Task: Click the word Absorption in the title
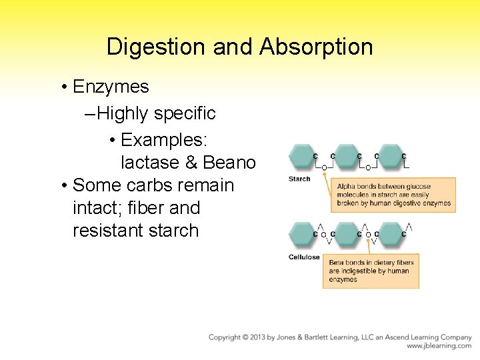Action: click(317, 47)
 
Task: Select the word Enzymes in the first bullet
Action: click(111, 87)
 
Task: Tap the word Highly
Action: click(123, 113)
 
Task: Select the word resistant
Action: click(110, 231)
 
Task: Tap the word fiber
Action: click(128, 208)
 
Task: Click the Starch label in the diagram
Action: click(299, 179)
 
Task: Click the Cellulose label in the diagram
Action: click(304, 257)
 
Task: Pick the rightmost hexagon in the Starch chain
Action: click(391, 157)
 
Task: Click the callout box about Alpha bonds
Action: click(393, 195)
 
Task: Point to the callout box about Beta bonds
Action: click(371, 271)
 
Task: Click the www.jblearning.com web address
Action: click(439, 346)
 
